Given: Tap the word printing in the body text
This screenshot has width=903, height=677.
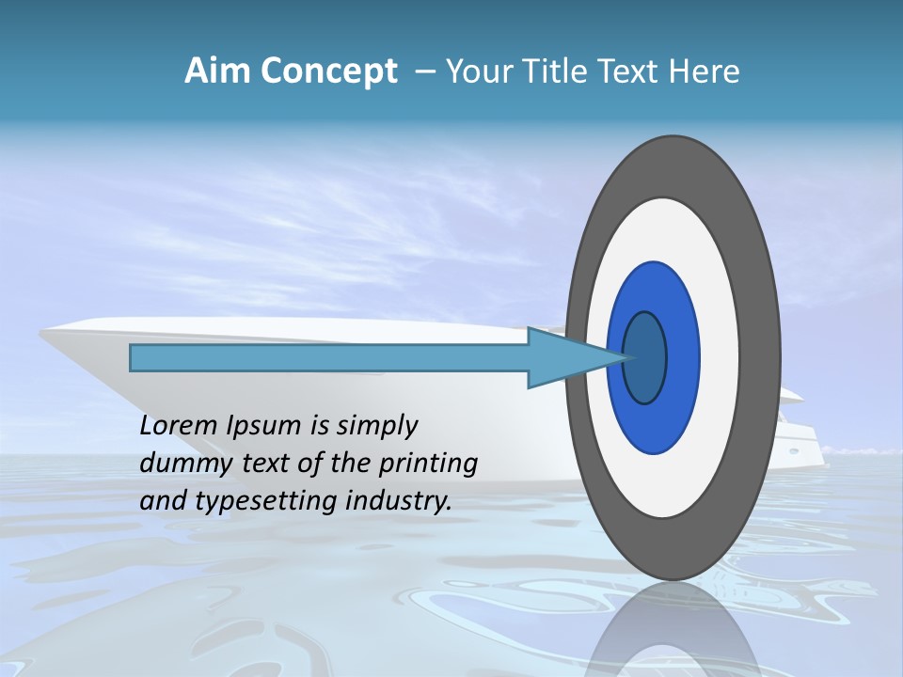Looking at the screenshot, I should (x=429, y=464).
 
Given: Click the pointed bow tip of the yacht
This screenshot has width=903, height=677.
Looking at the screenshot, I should (x=43, y=330).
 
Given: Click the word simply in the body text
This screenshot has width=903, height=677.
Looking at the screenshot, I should (x=376, y=426).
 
